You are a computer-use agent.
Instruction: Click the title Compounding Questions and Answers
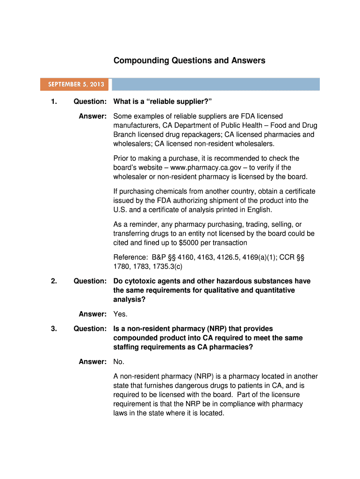coord(189,60)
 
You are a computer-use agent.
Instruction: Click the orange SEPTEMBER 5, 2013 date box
coord(75,85)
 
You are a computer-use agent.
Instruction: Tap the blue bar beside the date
coord(216,85)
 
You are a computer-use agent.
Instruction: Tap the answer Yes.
coord(120,314)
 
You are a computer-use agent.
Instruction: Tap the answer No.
coord(119,362)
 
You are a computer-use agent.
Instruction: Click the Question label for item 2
coord(90,281)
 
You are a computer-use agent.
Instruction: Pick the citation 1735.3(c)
coord(166,267)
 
